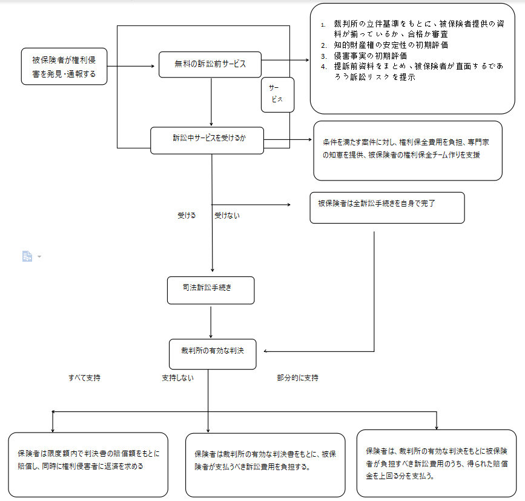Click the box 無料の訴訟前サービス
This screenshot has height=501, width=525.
pos(210,64)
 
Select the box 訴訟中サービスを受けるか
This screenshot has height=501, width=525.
pos(207,141)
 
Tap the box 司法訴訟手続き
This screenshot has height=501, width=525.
pos(211,290)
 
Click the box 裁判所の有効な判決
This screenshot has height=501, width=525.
pos(213,354)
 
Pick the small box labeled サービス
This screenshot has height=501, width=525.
pos(277,95)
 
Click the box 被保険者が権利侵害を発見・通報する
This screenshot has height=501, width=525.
pos(64,66)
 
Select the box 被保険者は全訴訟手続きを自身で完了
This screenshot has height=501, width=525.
pos(387,208)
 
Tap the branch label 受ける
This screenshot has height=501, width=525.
pos(187,215)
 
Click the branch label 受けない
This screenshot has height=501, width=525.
pos(227,215)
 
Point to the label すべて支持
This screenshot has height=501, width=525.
pos(84,378)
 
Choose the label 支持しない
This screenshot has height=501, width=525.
pos(178,378)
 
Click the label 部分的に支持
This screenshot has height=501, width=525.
pos(298,378)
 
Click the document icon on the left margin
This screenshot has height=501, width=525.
pos(27,256)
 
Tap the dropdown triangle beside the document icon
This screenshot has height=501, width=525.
pos(39,256)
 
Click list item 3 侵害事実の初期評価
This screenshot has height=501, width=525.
pos(364,56)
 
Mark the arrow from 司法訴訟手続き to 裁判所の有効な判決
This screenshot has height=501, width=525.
pos(211,322)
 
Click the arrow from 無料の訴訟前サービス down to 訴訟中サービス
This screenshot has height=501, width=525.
pos(211,102)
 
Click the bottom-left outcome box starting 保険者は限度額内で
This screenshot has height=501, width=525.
pos(88,465)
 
